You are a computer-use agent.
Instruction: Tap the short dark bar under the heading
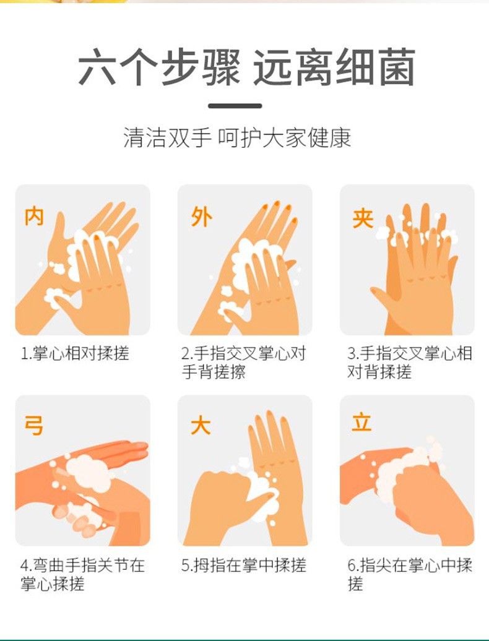(x=244, y=106)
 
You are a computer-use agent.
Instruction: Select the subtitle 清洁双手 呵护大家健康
(x=237, y=137)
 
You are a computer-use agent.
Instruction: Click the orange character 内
(x=34, y=217)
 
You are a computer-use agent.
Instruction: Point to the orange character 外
(x=201, y=217)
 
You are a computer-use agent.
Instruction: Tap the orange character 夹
(x=363, y=217)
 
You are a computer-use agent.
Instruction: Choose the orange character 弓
(x=34, y=426)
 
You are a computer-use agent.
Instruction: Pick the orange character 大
(x=201, y=426)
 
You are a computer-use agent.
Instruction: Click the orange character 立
(x=361, y=423)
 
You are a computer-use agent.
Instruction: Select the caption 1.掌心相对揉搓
(x=75, y=354)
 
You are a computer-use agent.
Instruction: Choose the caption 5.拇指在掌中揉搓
(x=243, y=565)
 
